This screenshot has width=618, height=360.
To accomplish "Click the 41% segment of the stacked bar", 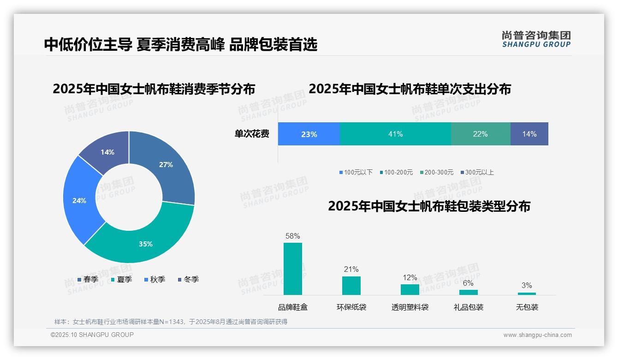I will coord(395,134).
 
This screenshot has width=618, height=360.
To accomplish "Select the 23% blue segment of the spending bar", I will coord(309,134).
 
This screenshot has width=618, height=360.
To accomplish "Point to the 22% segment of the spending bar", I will coord(480,134).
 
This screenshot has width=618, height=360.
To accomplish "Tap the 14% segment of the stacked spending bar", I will coord(529,134).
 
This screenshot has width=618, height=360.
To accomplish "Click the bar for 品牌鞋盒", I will coord(292,269).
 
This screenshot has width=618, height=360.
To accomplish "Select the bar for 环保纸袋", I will coord(351,285).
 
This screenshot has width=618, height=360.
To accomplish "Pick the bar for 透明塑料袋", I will coord(410,289).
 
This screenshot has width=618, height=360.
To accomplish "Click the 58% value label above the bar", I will coord(292,236).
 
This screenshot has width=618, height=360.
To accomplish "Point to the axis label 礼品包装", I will coord(469,307).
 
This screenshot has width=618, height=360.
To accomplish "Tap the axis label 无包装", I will coord(527,307).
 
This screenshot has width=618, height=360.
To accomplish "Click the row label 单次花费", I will coord(252,134).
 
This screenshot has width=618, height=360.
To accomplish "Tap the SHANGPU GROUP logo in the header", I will coord(536,39).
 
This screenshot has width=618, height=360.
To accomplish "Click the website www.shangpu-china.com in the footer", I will coord(537,335).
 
